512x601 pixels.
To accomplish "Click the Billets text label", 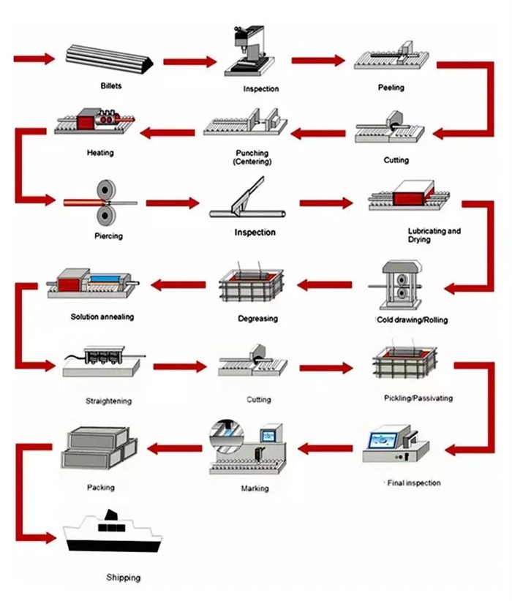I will pos(111,86).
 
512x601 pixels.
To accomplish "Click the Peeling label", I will pos(391,88).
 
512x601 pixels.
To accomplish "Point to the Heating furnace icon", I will pos(94,121).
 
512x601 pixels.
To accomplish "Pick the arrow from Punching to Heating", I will pos(167,132).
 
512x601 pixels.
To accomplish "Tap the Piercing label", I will pos(108,236).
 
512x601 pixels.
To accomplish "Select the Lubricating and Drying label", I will pos(434,235).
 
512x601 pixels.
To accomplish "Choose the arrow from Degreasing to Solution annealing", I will pos(178,284).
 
